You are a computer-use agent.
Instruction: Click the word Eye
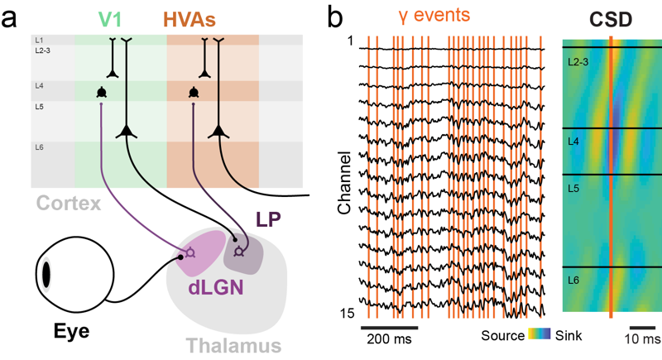(x=71, y=333)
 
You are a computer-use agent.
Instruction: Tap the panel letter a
(x=11, y=15)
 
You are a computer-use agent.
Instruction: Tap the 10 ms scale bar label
(x=643, y=340)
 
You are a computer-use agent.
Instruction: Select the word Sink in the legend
(x=568, y=335)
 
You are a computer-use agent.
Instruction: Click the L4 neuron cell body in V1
(x=101, y=92)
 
